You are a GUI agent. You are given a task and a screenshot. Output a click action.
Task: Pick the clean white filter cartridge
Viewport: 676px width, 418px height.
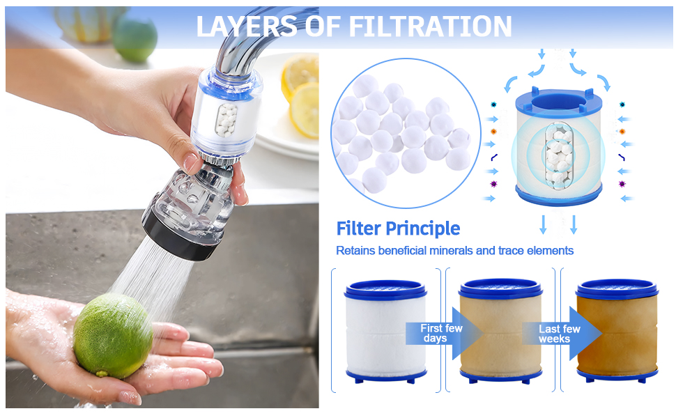click(x=385, y=331)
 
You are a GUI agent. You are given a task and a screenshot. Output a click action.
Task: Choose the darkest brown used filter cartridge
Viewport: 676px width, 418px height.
click(x=617, y=331)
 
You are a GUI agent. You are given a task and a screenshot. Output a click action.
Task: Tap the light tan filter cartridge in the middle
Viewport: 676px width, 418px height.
click(x=500, y=331)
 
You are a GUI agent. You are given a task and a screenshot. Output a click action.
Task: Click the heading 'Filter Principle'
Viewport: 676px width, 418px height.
click(x=398, y=229)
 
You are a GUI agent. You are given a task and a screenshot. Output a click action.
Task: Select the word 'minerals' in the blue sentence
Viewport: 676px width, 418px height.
click(x=447, y=250)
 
